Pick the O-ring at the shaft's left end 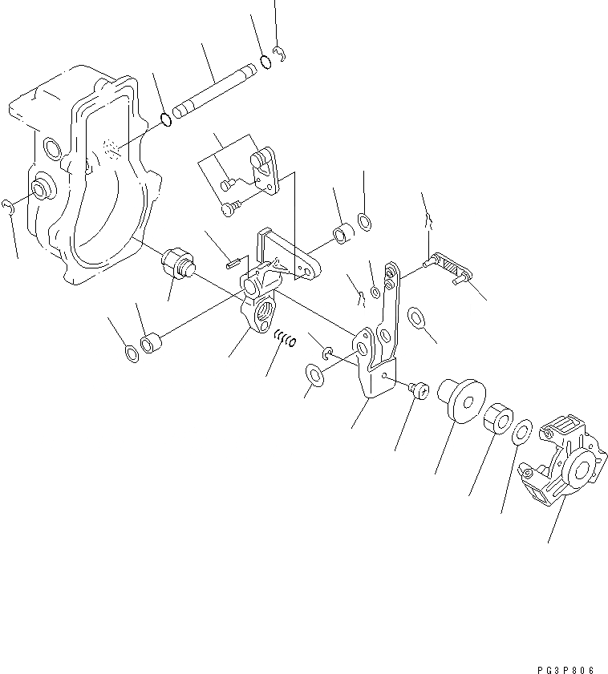166,119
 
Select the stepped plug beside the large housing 179,263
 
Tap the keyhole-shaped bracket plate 265,167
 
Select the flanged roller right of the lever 459,398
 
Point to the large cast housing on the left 80,176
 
